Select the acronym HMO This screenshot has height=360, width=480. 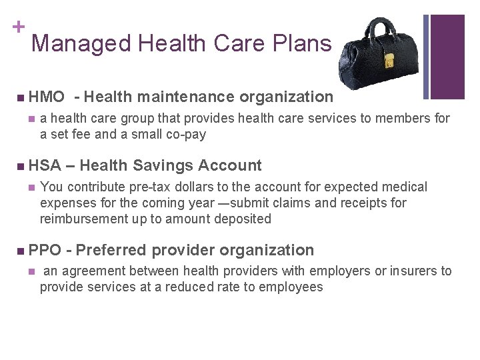click(x=47, y=97)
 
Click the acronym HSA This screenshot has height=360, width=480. click(x=45, y=166)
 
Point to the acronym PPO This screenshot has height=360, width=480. click(x=45, y=251)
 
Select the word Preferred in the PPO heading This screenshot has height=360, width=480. click(x=112, y=251)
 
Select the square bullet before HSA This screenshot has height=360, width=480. click(x=23, y=166)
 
